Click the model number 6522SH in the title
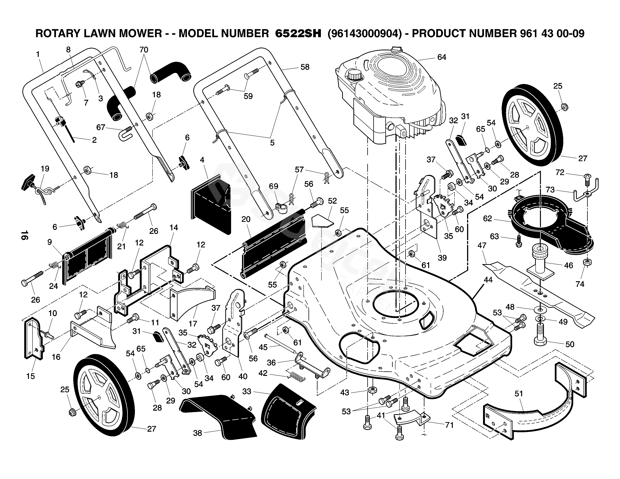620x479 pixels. coord(298,33)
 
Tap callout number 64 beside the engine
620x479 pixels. coord(442,57)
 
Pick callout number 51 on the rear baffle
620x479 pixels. coord(519,394)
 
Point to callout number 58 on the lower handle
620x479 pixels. coord(305,67)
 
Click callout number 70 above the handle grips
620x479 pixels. coord(144,50)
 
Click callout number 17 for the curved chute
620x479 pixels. coord(193,323)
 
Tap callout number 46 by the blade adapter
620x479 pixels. coord(568,265)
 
